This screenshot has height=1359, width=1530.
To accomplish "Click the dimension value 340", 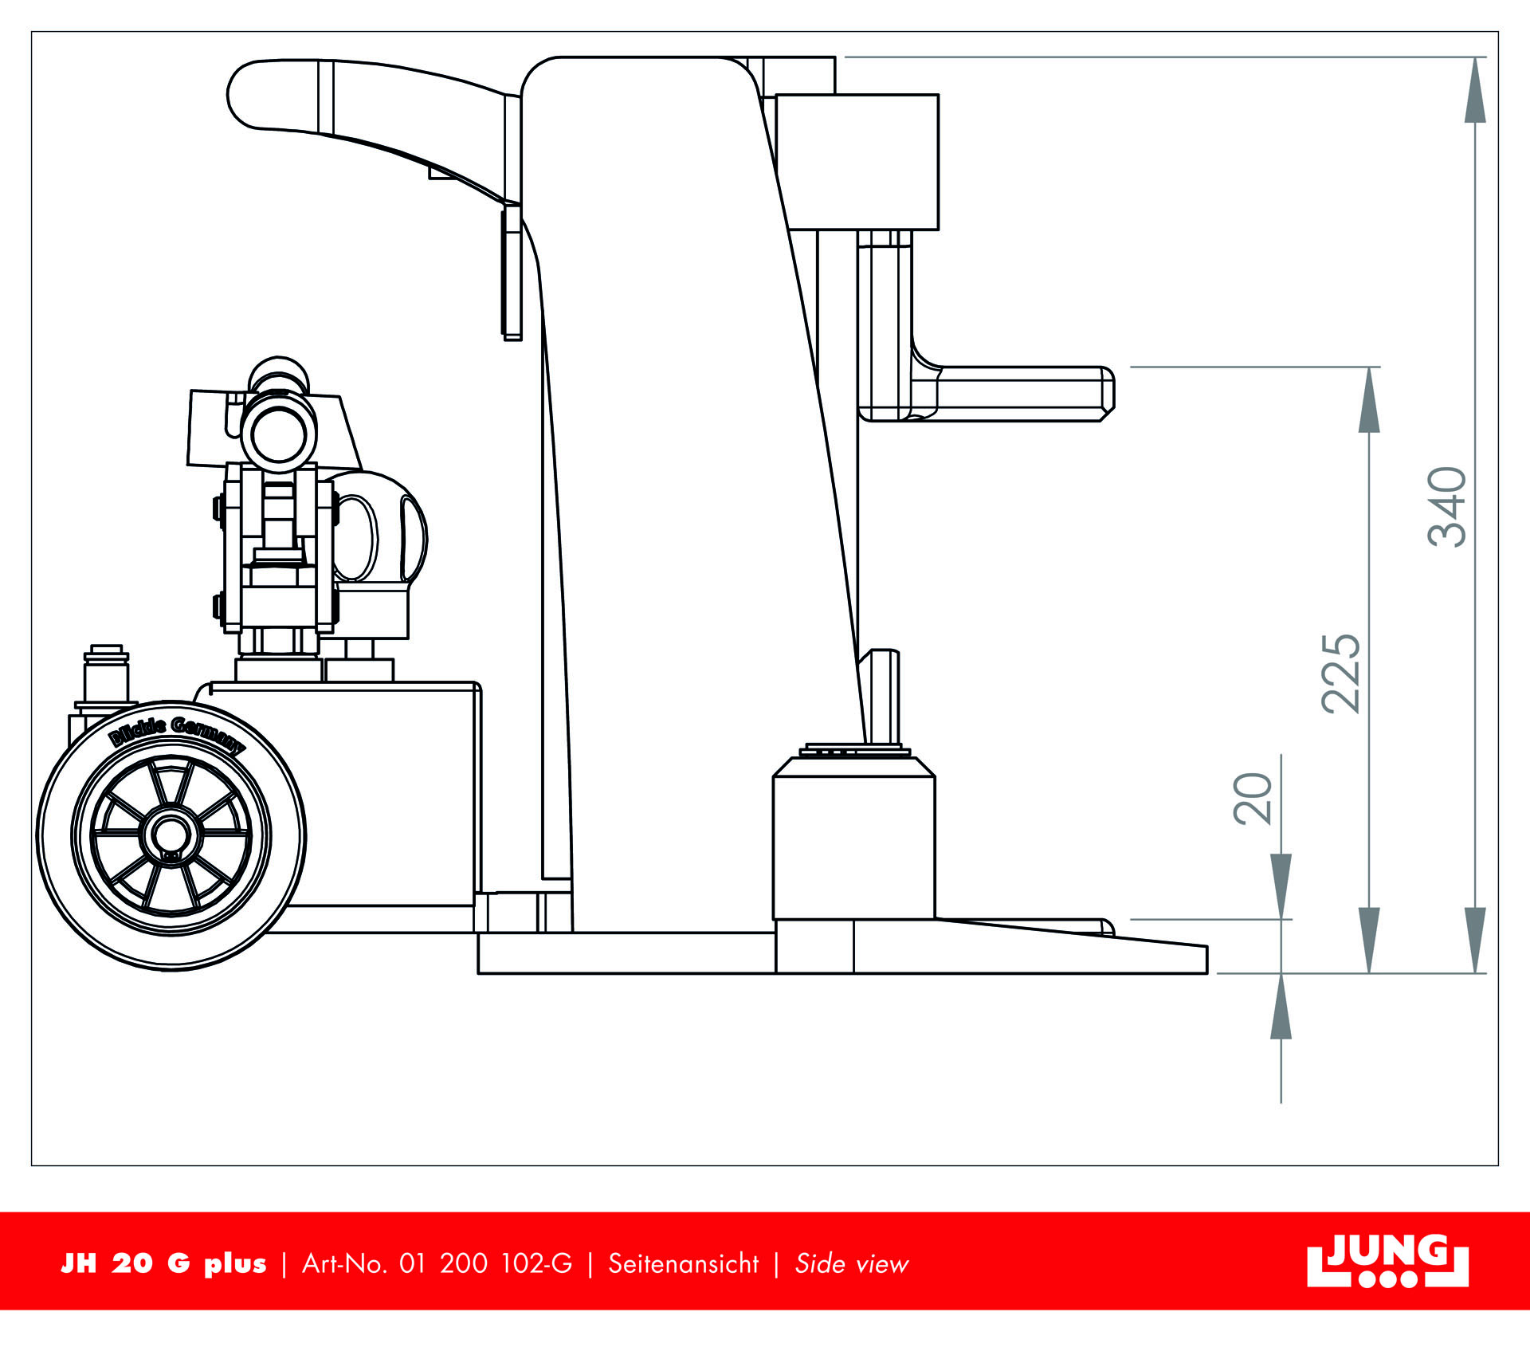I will click(x=1447, y=507).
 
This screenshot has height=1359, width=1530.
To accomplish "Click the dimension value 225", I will click(x=1341, y=674).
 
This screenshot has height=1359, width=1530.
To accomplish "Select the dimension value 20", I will click(x=1253, y=799).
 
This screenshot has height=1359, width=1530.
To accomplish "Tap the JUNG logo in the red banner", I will click(x=1387, y=1262).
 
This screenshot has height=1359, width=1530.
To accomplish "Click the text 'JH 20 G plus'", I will click(x=163, y=1264).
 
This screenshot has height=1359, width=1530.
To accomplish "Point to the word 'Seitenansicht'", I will click(x=683, y=1264).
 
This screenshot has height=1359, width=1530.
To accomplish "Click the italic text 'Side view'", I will click(x=851, y=1264).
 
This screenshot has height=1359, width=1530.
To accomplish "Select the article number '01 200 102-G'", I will click(x=485, y=1264).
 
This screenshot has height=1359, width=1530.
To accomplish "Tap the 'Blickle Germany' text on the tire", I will click(x=177, y=733).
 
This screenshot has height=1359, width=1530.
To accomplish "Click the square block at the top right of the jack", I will click(x=857, y=162).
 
